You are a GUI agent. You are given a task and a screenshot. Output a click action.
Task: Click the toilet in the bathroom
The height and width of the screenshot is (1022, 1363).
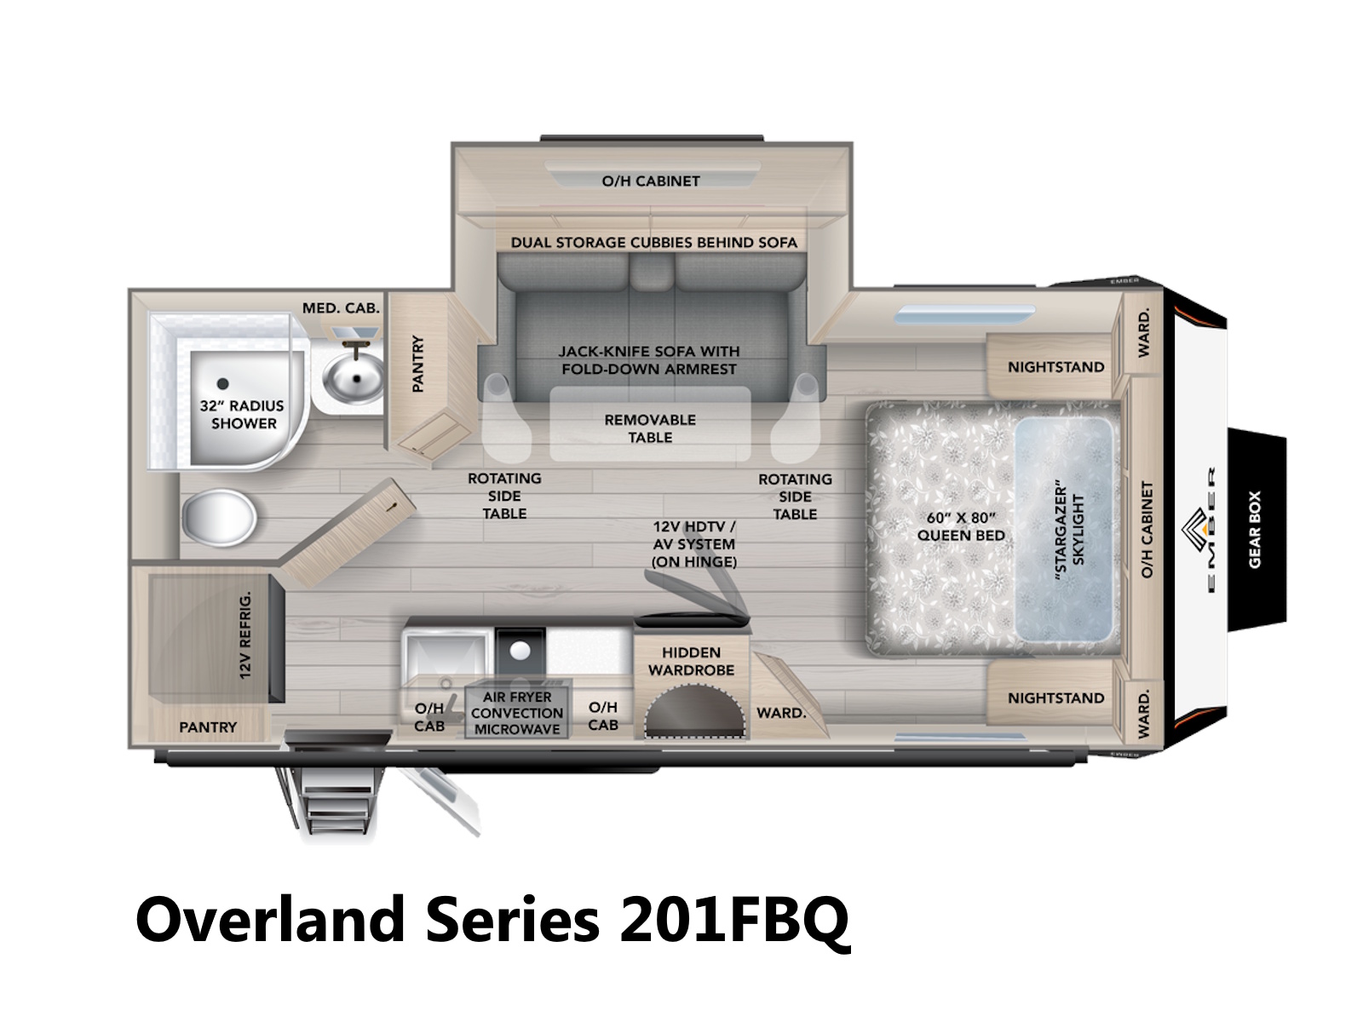point(219,518)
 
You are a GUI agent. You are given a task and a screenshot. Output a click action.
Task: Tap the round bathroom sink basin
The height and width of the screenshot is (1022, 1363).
point(354,378)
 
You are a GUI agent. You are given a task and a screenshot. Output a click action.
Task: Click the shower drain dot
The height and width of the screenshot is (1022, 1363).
point(223,383)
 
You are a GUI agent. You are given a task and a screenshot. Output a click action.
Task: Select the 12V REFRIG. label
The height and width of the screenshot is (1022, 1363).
point(245,634)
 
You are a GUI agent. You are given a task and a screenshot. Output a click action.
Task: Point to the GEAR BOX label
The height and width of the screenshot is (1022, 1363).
point(1254,529)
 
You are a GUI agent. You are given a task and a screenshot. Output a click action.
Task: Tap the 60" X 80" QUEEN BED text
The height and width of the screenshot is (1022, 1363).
point(961,526)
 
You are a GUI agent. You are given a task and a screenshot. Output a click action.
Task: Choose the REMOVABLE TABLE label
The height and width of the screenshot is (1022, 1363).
point(649,428)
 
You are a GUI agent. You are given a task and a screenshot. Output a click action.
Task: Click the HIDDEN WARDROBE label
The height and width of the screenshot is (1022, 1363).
point(691,661)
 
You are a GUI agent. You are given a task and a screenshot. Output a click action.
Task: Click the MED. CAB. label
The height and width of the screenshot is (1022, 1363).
point(340,307)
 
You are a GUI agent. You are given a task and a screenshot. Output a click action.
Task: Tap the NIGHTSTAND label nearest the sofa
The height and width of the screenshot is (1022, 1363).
point(1055,367)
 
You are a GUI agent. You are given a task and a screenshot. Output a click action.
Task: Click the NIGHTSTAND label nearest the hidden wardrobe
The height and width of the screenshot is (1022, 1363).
point(1055,698)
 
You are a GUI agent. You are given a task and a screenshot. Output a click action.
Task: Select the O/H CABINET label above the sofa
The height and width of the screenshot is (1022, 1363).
point(650,181)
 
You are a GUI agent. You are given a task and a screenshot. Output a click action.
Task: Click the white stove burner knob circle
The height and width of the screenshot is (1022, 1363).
point(520,651)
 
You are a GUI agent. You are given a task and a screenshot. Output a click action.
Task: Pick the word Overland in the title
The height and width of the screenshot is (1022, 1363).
point(270,920)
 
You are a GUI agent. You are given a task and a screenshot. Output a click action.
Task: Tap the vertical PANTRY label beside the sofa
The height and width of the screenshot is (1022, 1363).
point(418,364)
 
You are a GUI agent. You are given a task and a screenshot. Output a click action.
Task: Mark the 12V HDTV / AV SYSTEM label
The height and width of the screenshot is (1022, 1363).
point(693,544)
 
